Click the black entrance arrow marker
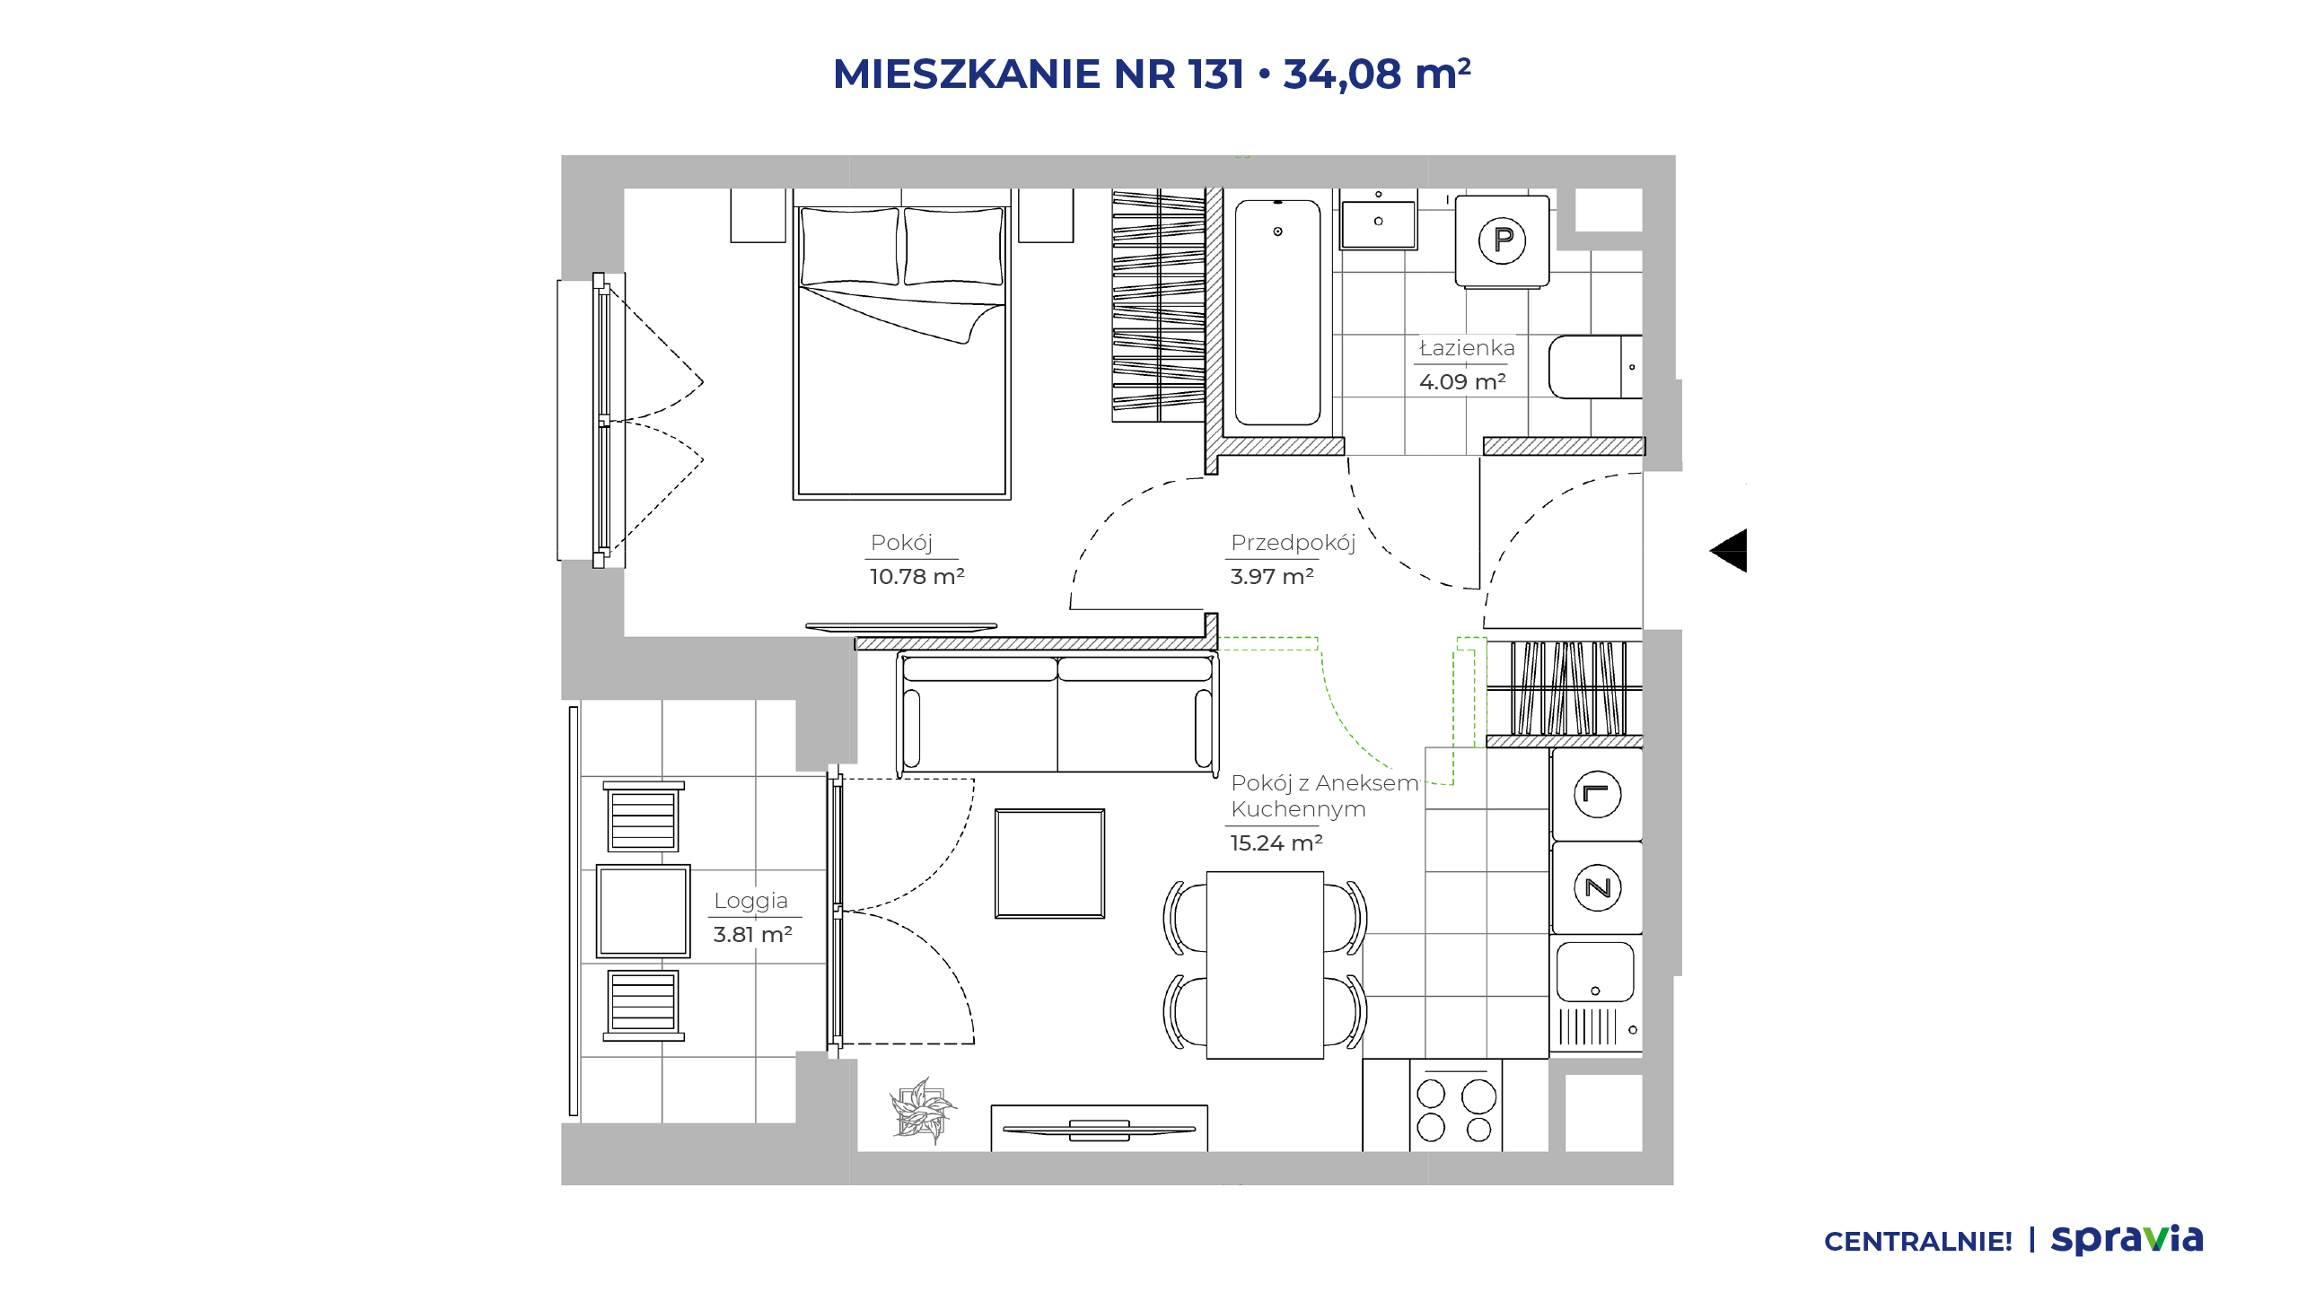click(1731, 550)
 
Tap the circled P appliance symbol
click(1502, 240)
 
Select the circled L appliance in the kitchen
click(1598, 794)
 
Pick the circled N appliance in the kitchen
click(1598, 888)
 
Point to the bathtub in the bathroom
click(1277, 312)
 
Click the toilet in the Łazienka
click(1596, 367)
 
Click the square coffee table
click(1049, 864)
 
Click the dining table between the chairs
click(1265, 965)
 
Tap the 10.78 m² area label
click(917, 576)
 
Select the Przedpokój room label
click(1293, 543)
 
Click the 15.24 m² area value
click(1276, 842)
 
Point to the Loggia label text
click(750, 901)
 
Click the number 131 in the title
click(1216, 74)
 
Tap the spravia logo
click(2127, 1239)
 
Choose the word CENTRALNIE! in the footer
click(1918, 1242)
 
